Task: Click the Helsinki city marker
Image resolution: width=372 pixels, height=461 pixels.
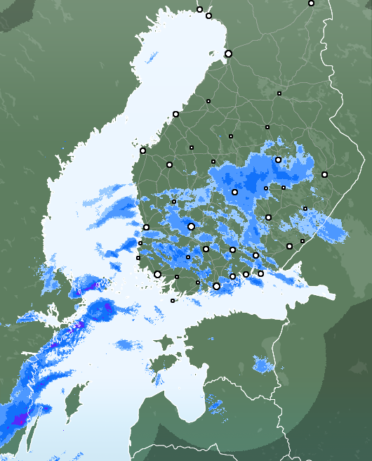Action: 216,286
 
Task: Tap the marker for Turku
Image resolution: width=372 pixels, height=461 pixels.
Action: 158,274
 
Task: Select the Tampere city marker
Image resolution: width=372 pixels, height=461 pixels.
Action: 191,226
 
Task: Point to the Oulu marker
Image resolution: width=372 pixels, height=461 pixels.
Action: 228,53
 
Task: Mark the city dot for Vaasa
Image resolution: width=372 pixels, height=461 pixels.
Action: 142,150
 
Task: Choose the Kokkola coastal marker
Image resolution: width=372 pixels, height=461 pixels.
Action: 175,114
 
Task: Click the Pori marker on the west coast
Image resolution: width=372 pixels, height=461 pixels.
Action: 146,227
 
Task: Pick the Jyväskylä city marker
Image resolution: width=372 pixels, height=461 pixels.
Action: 234,192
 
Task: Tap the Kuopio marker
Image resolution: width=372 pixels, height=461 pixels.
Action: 278,160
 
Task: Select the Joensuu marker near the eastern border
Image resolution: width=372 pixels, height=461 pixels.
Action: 324,174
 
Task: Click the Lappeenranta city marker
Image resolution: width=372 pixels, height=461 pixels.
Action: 289,246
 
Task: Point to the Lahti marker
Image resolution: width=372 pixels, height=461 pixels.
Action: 232,249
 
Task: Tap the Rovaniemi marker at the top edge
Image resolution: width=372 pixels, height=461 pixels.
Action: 311,4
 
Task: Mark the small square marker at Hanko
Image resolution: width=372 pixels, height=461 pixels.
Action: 173,301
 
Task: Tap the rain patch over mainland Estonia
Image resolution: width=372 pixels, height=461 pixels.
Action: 265,365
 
